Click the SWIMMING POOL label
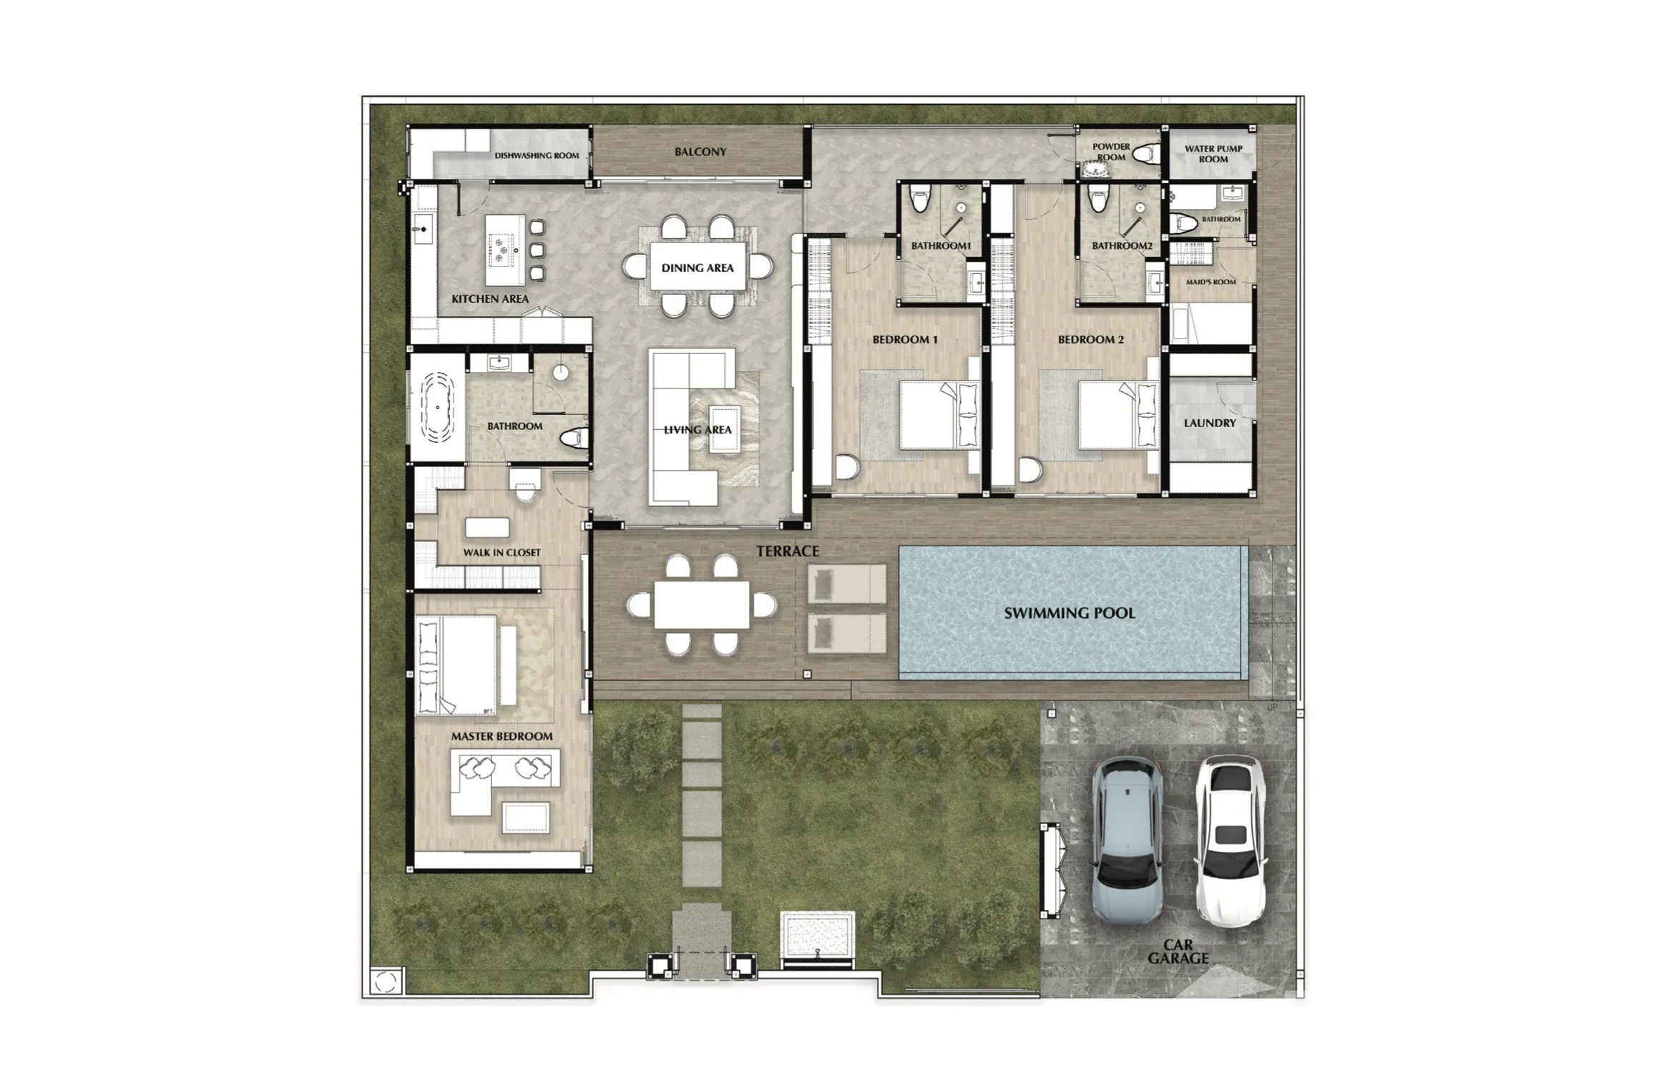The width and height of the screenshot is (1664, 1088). (x=1069, y=613)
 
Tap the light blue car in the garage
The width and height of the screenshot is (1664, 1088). (x=1127, y=841)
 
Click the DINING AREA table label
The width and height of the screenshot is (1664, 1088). (x=698, y=268)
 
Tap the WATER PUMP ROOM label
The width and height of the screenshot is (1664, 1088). (x=1213, y=154)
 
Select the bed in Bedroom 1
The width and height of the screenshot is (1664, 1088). (x=938, y=416)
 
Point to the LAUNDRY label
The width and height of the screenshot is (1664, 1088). (x=1210, y=423)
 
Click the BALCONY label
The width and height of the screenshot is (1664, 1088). (x=700, y=152)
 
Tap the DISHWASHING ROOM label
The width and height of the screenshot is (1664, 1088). (x=537, y=155)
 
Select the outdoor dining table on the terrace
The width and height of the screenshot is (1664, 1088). (x=701, y=605)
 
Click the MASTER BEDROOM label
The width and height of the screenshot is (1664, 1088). (x=501, y=736)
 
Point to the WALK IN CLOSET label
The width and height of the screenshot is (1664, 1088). (x=501, y=552)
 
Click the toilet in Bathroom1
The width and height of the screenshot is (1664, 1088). (x=920, y=198)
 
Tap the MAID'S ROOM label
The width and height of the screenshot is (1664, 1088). (x=1210, y=282)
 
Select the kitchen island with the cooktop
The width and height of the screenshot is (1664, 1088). (x=506, y=250)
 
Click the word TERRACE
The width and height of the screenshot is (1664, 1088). (x=788, y=551)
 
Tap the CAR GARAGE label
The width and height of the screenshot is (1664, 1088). (x=1178, y=951)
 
